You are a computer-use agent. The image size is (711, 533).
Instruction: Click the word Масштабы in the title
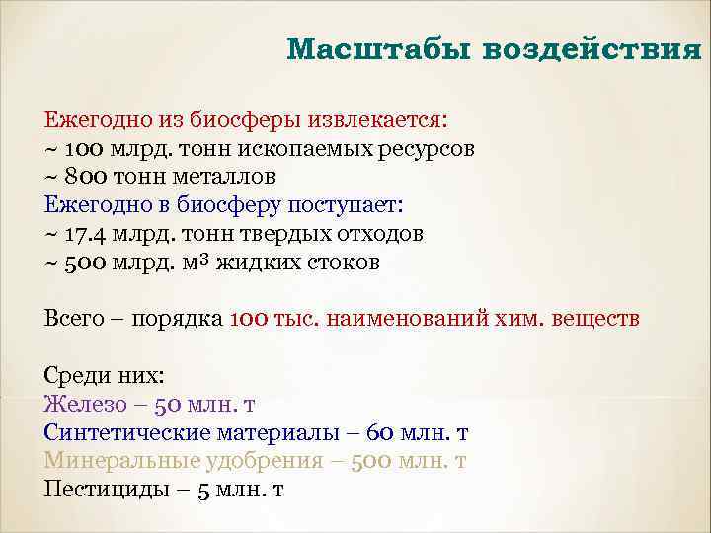[377, 48]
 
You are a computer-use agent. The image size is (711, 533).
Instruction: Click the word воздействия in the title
[592, 48]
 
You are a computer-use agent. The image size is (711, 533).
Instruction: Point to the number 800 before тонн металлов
[85, 177]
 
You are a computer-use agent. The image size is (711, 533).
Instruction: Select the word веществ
[595, 320]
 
